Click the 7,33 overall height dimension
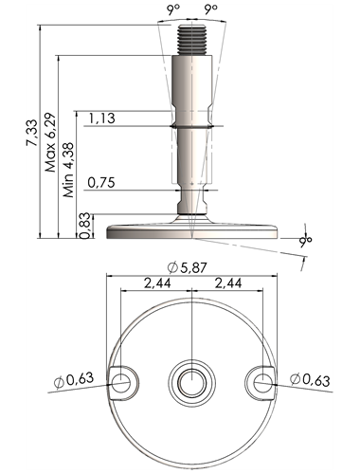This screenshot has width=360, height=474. pos(32,133)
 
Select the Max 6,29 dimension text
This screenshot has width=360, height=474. pos(50,142)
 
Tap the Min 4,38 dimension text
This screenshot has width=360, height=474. pos(68,170)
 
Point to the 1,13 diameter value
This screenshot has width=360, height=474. pos(101,118)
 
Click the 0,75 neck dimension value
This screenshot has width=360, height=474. pos(101,183)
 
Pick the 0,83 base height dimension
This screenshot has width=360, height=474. pos(85,226)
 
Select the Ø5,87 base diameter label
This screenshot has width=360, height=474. pos(187,268)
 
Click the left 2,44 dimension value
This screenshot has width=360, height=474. pos(157,283)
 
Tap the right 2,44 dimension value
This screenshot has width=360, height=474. pos(228,283)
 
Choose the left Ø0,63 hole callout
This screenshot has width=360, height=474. pos(74,379)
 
